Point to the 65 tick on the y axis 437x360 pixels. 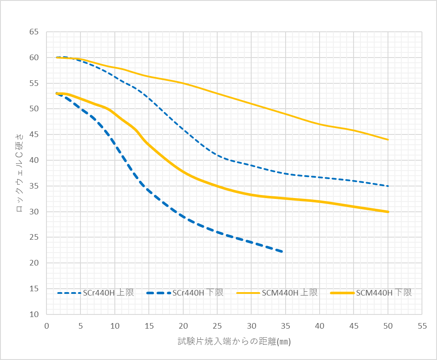tap(34, 32)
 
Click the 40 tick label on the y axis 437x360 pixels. tap(34, 160)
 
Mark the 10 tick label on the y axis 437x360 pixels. tap(34, 314)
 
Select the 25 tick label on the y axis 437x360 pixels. tap(34, 238)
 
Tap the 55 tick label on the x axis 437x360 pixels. tap(422, 326)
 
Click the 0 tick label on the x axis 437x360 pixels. tap(46, 326)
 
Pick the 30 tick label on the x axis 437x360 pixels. tap(251, 326)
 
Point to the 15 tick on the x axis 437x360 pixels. tap(149, 326)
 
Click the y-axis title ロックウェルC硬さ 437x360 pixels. tap(19, 173)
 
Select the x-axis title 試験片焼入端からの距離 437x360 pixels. tap(228, 342)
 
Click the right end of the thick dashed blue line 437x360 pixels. tap(282, 252)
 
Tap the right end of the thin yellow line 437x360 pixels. tap(388, 140)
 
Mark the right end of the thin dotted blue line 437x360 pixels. tap(388, 186)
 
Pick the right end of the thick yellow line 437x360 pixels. tap(388, 212)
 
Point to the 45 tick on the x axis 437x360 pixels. tap(354, 326)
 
